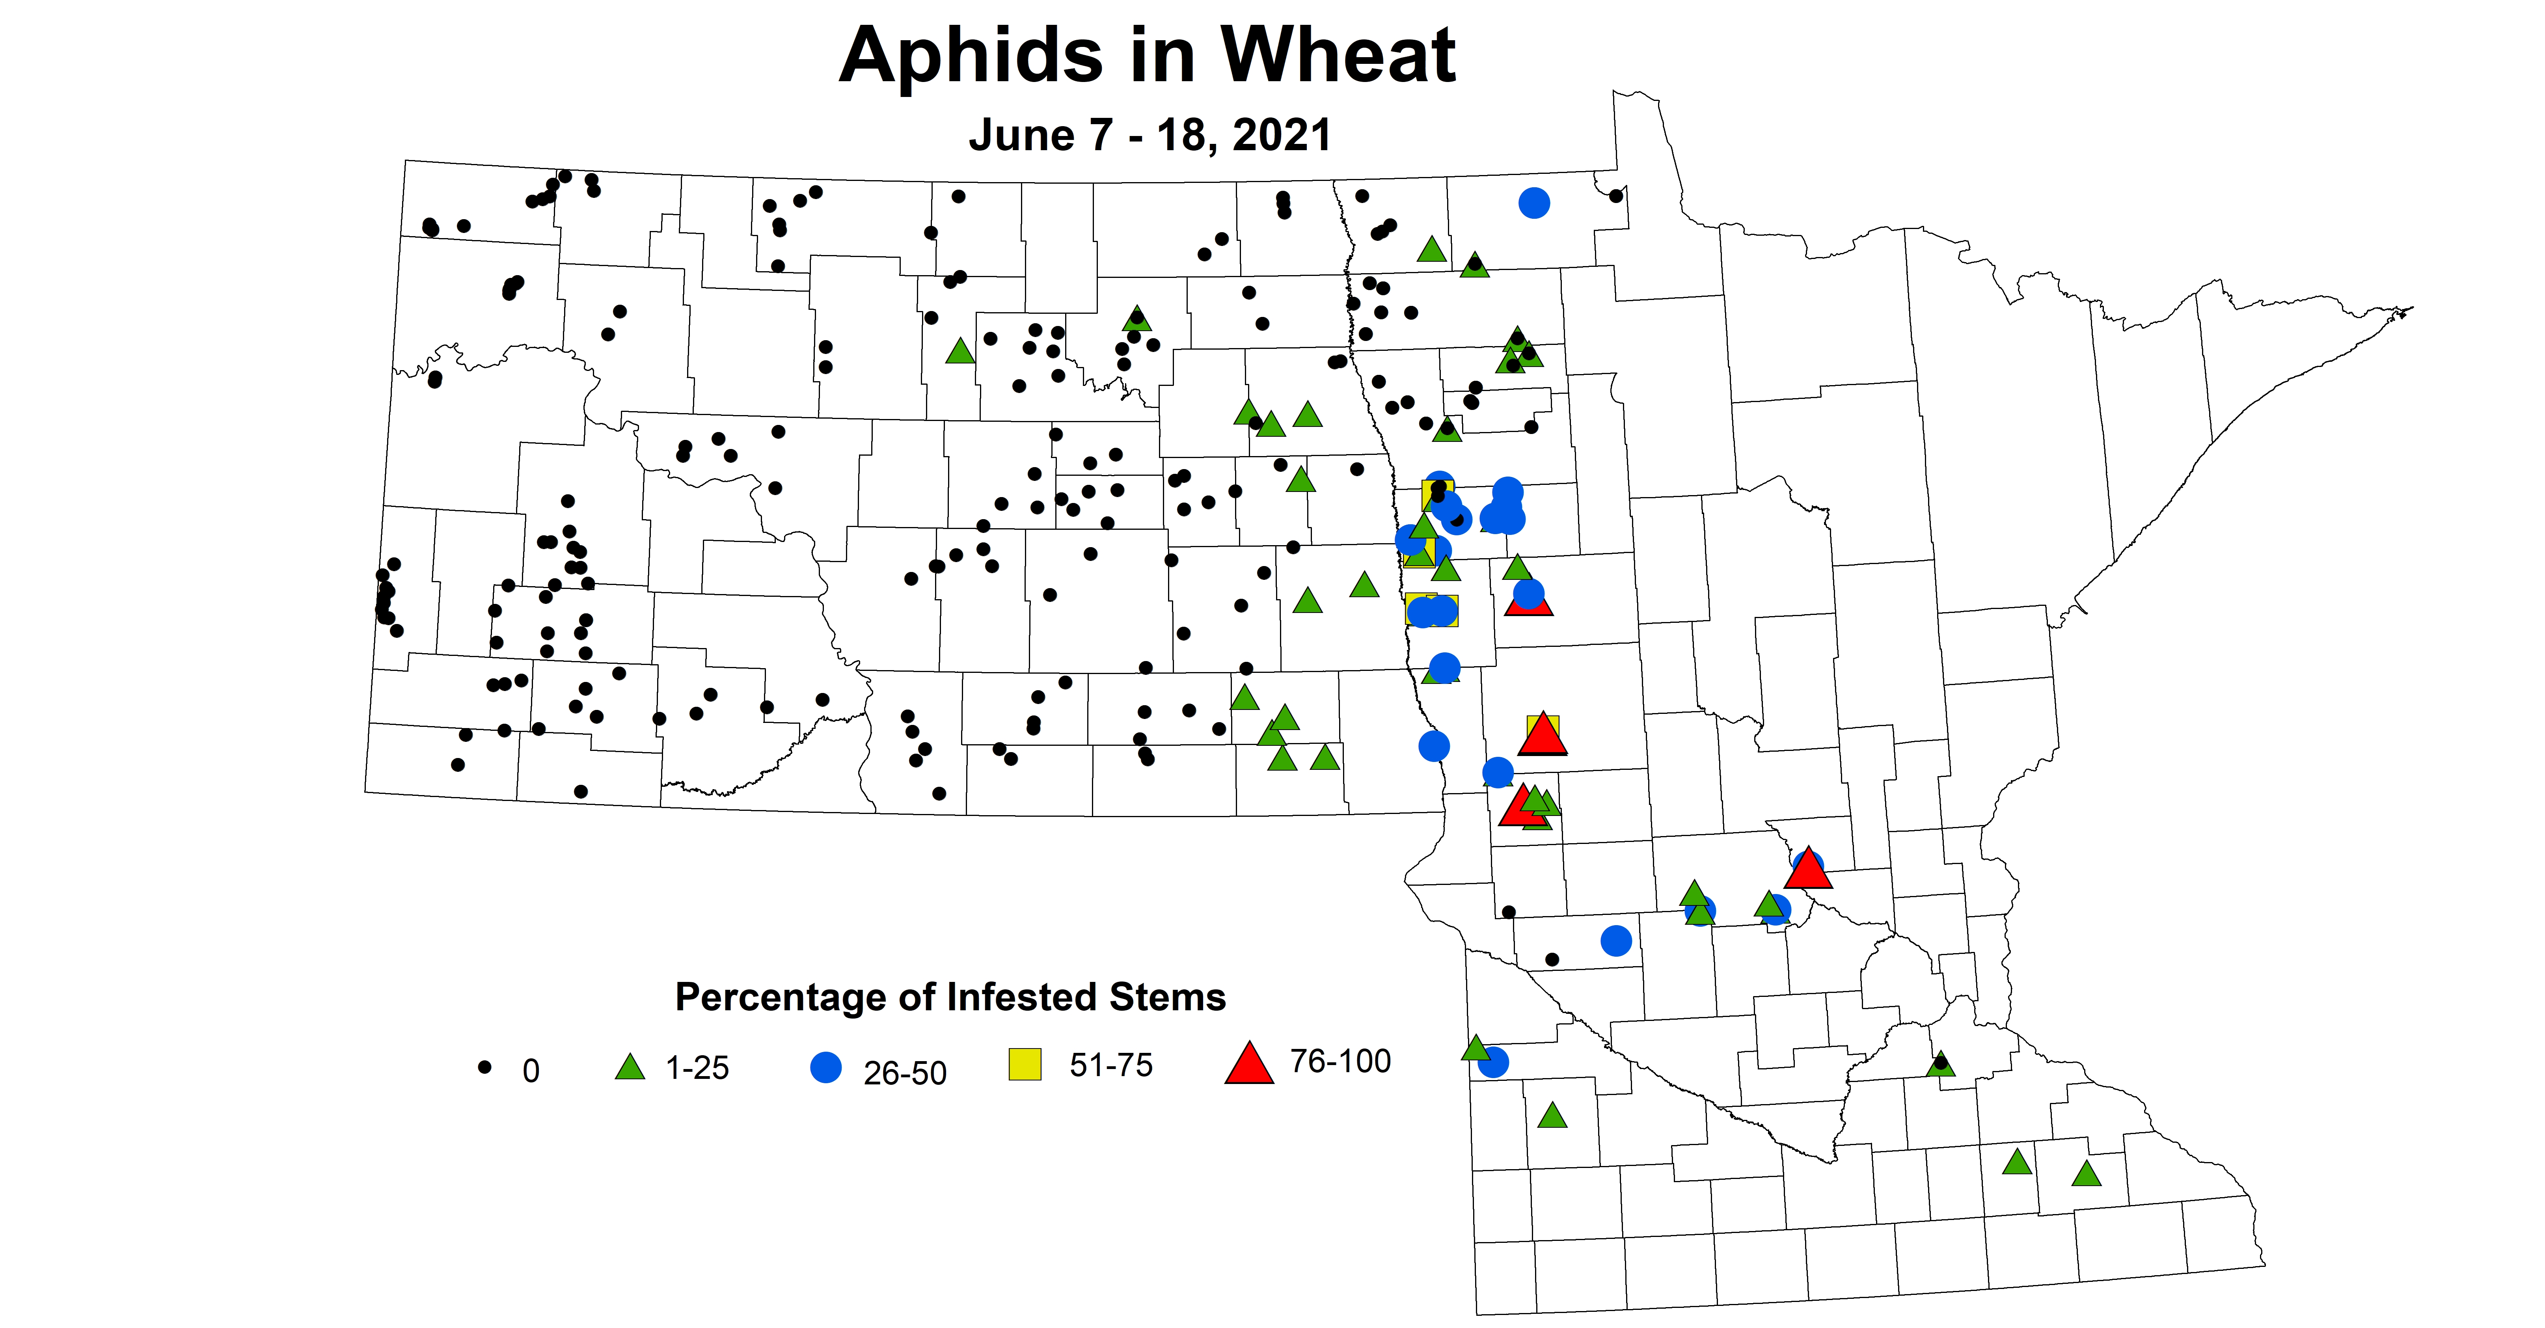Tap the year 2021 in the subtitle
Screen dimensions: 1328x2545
click(1282, 135)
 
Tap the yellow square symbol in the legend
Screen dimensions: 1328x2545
click(1025, 1064)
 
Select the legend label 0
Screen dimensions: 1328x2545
click(531, 1071)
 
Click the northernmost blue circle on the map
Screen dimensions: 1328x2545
click(1533, 203)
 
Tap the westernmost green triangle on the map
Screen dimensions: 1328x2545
click(959, 351)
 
